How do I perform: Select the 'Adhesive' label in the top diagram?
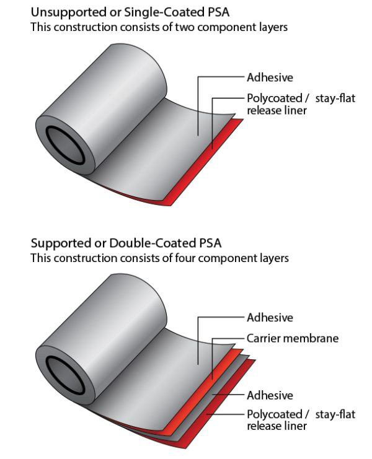270,78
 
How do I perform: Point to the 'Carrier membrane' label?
293,338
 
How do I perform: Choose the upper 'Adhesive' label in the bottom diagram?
270,318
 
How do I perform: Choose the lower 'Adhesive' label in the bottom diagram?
270,395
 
